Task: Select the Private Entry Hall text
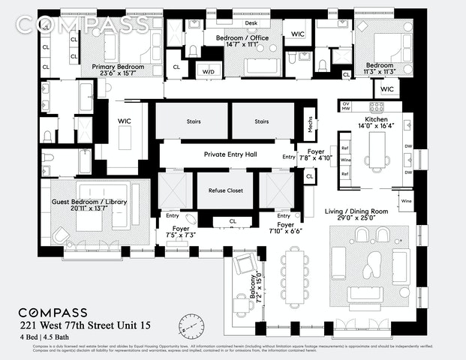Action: point(231,154)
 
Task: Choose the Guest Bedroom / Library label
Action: point(80,202)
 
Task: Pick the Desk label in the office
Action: point(251,22)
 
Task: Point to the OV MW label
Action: point(346,106)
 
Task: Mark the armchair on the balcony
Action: point(245,264)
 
